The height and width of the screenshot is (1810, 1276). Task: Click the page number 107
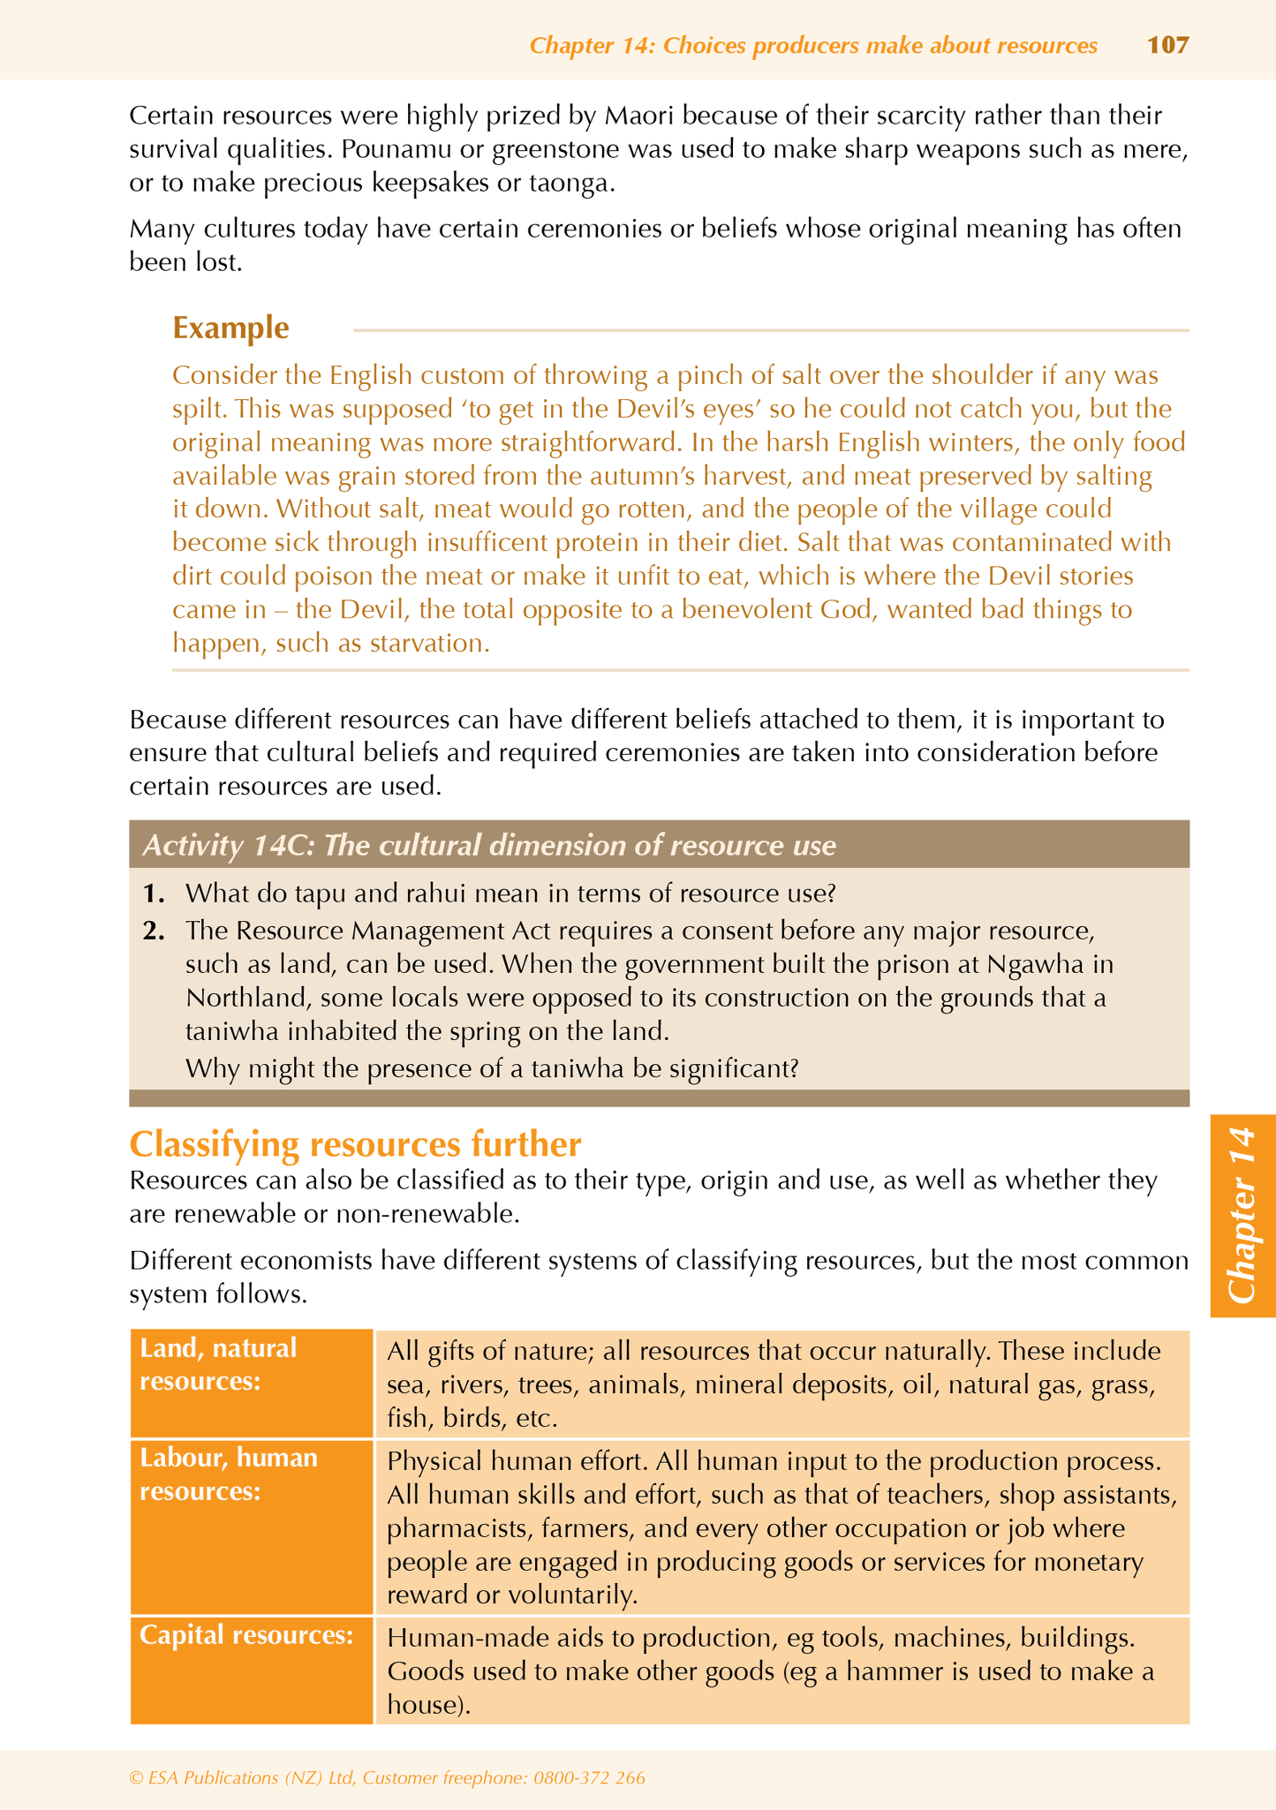click(x=1167, y=45)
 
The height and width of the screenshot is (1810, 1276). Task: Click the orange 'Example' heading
click(x=230, y=328)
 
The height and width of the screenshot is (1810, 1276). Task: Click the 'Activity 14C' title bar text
click(x=488, y=846)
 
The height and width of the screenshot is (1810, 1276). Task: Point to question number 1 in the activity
click(x=154, y=894)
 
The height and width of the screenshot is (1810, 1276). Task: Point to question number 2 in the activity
click(x=154, y=931)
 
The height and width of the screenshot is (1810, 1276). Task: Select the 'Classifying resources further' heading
click(x=355, y=1144)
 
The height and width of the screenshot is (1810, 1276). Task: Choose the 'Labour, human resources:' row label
click(x=229, y=1474)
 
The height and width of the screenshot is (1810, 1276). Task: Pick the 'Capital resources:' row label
click(x=246, y=1635)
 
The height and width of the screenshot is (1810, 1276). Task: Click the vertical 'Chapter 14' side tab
click(x=1242, y=1215)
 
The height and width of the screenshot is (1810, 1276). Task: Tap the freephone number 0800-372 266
click(x=589, y=1778)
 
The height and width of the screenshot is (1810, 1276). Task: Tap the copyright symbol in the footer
click(x=135, y=1778)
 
